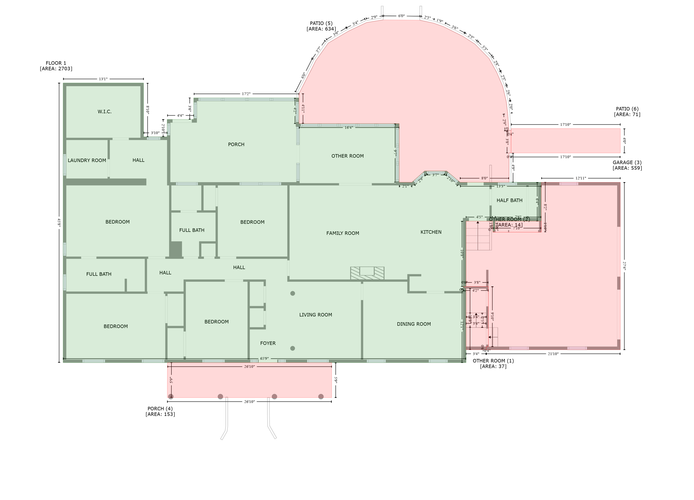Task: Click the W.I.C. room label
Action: point(104,112)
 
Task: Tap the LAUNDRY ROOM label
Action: point(87,160)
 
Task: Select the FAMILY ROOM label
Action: point(343,233)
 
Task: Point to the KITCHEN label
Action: point(431,232)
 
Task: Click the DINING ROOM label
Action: point(414,324)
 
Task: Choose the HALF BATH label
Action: point(509,200)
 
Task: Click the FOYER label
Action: point(268,343)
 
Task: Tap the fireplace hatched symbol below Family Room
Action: point(367,273)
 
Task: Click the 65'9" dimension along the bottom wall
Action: point(264,358)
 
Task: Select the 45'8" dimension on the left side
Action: point(59,222)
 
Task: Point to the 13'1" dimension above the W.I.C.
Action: point(103,79)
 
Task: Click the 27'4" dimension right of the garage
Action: point(624,265)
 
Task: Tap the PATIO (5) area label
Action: point(321,26)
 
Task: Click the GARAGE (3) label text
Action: point(627,165)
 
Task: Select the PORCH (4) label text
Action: point(160,411)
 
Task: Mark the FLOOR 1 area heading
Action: point(56,66)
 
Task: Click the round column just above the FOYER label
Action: point(292,294)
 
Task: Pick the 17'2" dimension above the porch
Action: point(246,94)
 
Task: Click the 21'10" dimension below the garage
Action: point(553,354)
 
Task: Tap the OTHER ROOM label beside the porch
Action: point(347,156)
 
